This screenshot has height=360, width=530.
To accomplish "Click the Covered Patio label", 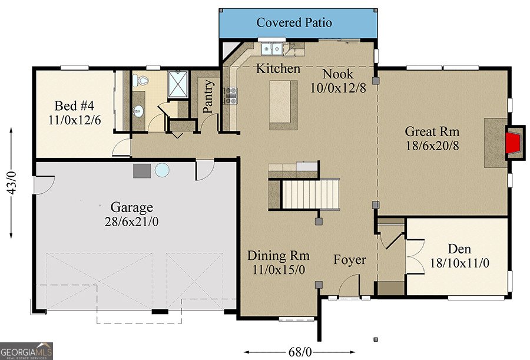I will point(294,23).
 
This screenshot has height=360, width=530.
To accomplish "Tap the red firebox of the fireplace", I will point(514,143).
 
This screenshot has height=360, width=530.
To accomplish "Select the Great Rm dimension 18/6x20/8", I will point(432,146).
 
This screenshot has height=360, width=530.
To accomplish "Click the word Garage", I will point(132,207).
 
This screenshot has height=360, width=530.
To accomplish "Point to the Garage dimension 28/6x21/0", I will point(132,222).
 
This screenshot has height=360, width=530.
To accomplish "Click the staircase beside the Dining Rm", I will point(311,194).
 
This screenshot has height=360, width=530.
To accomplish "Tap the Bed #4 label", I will point(74,106).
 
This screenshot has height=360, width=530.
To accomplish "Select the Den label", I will point(459,249).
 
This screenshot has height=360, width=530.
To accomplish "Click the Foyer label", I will point(350,260).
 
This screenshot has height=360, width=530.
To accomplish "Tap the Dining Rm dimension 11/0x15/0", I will point(279,270).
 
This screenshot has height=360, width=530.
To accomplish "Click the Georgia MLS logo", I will point(26,351).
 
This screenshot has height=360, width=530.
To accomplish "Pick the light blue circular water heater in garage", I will point(161,171).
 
